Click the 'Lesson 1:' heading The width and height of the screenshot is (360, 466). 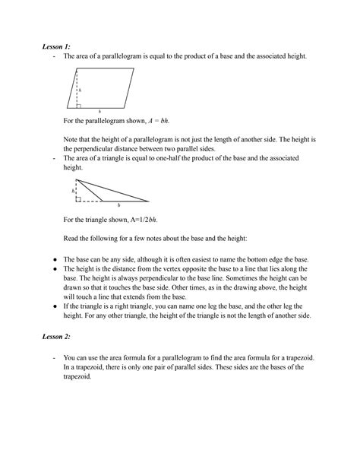(55, 47)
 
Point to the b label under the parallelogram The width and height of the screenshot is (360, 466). (99, 111)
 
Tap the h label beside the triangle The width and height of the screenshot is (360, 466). (73, 192)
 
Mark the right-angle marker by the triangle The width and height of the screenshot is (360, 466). (79, 198)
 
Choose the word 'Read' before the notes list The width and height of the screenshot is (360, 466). (71, 238)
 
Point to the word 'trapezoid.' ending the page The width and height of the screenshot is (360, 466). (77, 376)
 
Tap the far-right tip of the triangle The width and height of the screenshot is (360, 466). (149, 201)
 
